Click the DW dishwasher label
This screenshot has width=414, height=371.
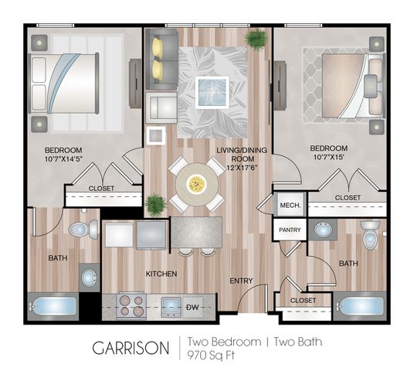(192, 307)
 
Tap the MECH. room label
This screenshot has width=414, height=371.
(290, 206)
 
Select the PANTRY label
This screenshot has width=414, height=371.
(290, 230)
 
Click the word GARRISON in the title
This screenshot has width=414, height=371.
(131, 348)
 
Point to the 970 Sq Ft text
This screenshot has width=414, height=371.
(211, 356)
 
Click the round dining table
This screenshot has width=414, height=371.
(197, 184)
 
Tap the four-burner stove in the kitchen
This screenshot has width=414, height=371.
(131, 305)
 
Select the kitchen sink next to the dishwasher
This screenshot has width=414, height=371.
(171, 307)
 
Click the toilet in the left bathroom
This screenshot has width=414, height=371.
(83, 229)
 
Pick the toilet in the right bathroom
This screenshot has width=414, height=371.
(370, 235)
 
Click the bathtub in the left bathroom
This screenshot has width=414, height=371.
(53, 307)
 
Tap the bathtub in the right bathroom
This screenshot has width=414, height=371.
(360, 306)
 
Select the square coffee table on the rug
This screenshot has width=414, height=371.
(212, 92)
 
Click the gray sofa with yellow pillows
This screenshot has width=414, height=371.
(161, 60)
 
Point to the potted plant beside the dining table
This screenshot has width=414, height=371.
(155, 205)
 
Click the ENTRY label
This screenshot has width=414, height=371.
(241, 281)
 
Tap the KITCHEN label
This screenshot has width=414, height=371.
(161, 274)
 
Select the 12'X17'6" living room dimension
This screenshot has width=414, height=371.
(242, 168)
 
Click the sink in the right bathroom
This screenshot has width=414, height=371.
(323, 230)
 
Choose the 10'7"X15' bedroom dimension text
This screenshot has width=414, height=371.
(328, 157)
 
